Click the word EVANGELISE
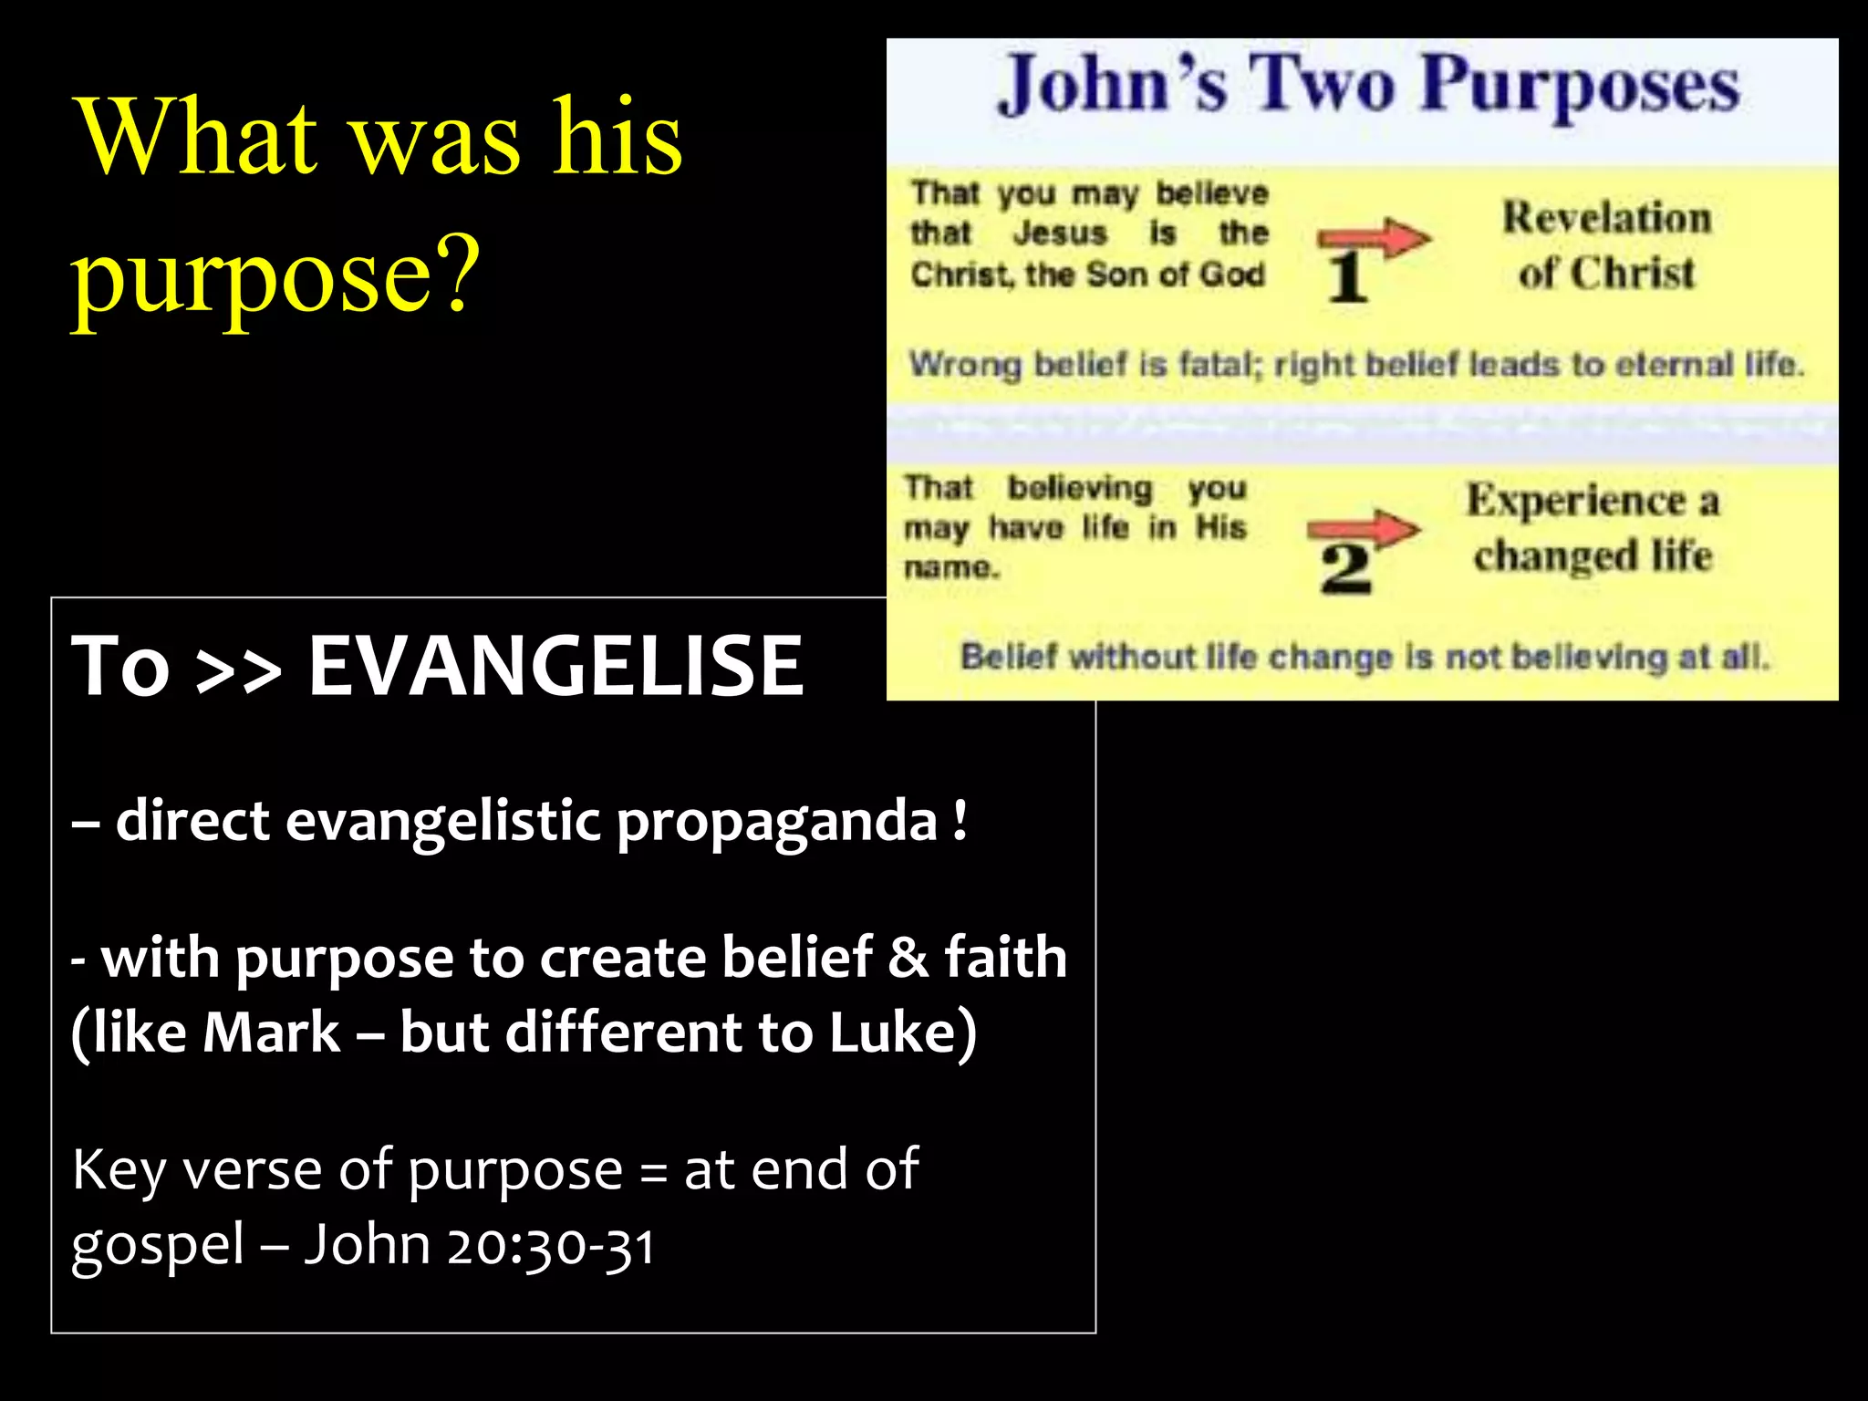(x=555, y=666)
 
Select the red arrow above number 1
(x=1374, y=239)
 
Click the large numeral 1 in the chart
(x=1346, y=278)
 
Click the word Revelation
(x=1607, y=218)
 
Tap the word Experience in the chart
(x=1576, y=501)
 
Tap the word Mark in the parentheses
(x=271, y=1033)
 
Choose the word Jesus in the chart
(x=1060, y=233)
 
